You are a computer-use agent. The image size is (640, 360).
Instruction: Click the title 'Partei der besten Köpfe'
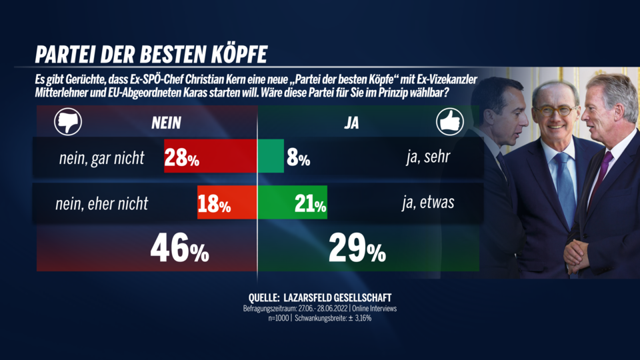click(151, 54)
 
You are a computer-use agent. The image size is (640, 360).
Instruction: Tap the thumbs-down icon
click(67, 123)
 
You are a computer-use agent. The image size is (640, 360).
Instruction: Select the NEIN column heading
click(166, 123)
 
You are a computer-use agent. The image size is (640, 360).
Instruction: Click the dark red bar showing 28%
click(211, 157)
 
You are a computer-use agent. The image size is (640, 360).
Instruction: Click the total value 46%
click(179, 249)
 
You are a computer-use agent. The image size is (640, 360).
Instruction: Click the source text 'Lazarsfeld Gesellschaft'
click(347, 297)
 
